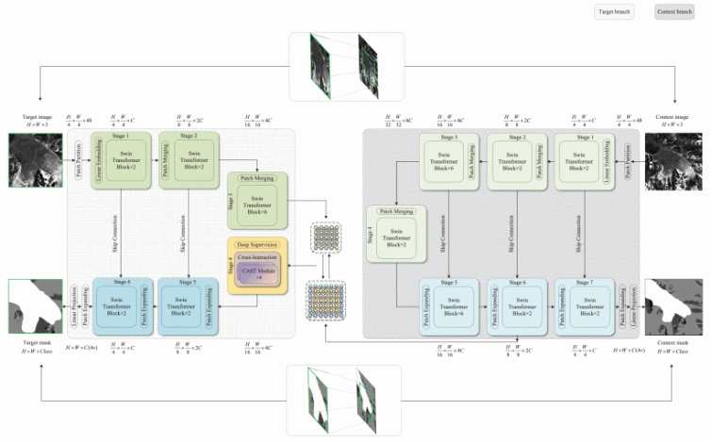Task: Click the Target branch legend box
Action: (613, 12)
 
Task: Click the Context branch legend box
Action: (674, 12)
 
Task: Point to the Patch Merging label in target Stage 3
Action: (257, 177)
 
